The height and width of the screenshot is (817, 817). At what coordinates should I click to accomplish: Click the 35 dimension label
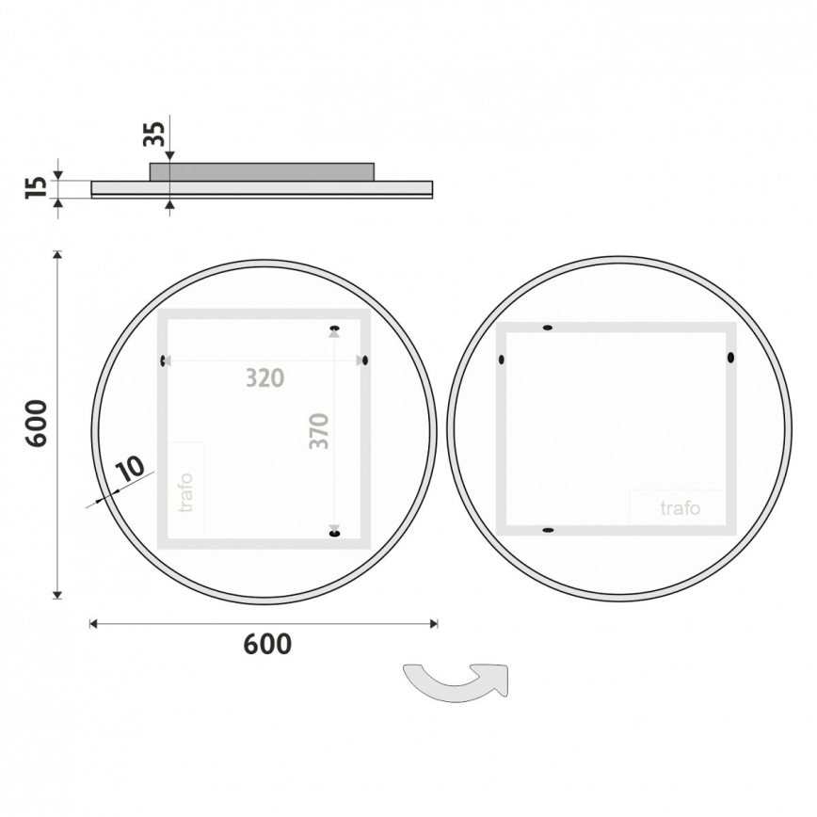point(154,134)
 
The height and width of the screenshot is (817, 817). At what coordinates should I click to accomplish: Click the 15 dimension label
point(35,187)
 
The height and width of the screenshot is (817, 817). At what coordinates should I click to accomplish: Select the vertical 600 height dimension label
point(35,424)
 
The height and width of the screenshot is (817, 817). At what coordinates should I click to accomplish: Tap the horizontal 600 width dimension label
point(267,645)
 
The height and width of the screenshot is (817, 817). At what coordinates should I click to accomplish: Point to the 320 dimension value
point(264,378)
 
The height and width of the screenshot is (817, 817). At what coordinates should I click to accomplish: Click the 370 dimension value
point(320,430)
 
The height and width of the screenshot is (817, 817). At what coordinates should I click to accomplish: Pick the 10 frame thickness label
point(130,468)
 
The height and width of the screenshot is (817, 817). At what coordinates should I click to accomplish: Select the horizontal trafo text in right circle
point(680,508)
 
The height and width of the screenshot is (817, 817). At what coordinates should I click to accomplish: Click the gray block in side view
point(262,171)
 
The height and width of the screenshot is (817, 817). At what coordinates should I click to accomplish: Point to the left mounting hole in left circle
point(165,360)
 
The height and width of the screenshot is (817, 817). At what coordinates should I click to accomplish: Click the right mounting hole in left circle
point(364,360)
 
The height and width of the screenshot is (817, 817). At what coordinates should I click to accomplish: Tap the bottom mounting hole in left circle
point(334,534)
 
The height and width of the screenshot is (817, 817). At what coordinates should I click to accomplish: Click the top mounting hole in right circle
point(548,328)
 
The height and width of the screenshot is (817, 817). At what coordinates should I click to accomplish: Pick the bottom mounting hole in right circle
point(547,531)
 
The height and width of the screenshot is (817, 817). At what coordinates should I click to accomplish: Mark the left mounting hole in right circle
point(502,359)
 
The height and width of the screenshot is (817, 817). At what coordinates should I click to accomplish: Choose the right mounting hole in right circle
point(729,358)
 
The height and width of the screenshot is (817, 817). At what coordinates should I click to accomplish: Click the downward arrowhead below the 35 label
point(169,156)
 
